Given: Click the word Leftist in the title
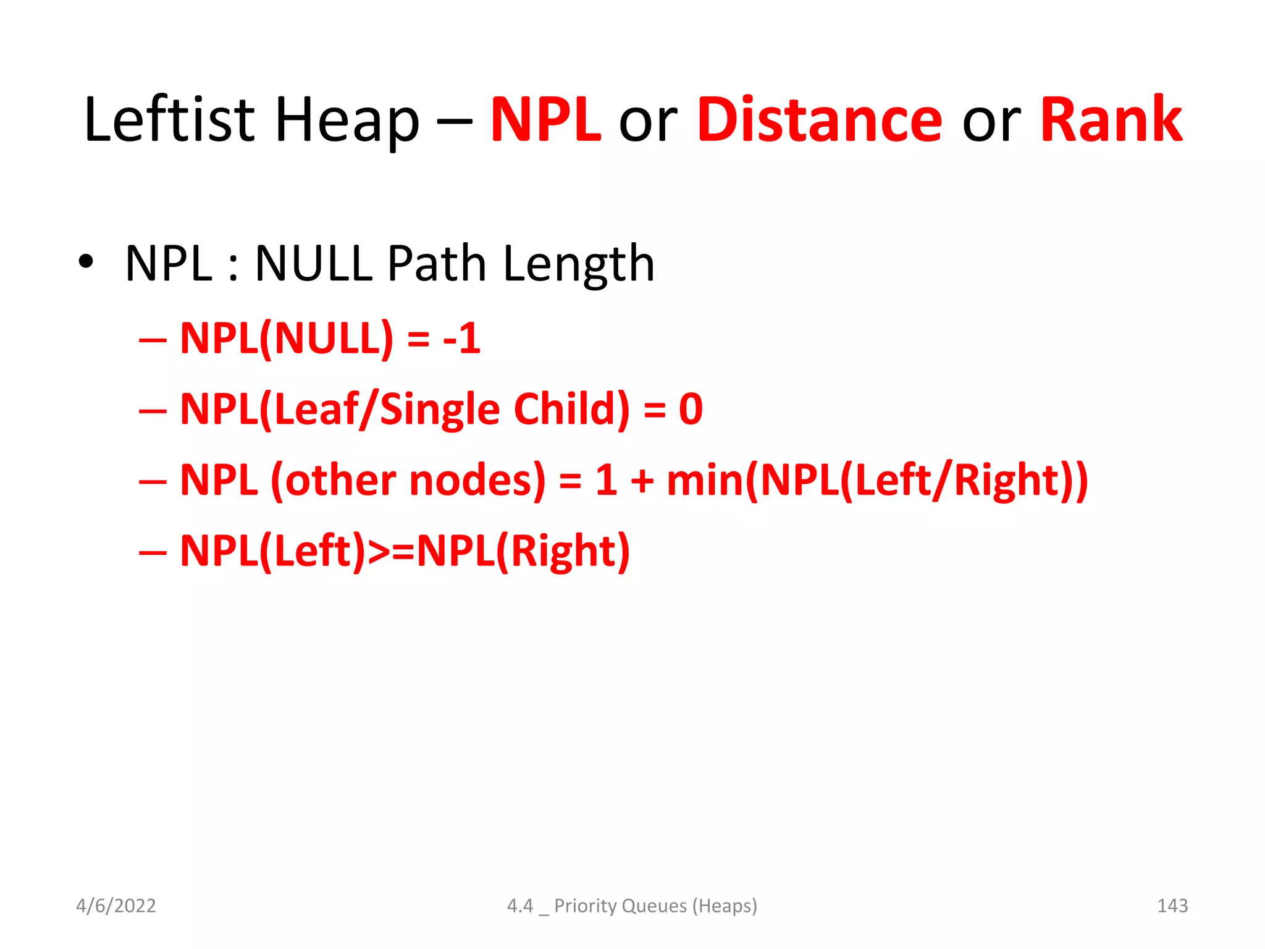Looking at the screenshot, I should pyautogui.click(x=169, y=120).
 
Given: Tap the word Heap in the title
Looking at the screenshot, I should pyautogui.click(x=347, y=120).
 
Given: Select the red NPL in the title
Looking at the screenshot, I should pyautogui.click(x=545, y=120).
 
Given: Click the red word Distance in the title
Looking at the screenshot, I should pyautogui.click(x=820, y=120).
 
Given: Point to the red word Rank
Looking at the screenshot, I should pyautogui.click(x=1111, y=120).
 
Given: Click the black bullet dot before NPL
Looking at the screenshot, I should pyautogui.click(x=86, y=262).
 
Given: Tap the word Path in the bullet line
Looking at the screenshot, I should pyautogui.click(x=437, y=264).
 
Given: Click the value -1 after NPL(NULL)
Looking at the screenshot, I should pyautogui.click(x=461, y=339).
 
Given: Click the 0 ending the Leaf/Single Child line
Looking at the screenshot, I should pyautogui.click(x=691, y=409).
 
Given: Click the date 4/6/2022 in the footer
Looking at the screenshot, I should pyautogui.click(x=116, y=906).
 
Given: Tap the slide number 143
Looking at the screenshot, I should pyautogui.click(x=1172, y=906).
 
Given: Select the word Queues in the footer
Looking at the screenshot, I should pyautogui.click(x=654, y=906).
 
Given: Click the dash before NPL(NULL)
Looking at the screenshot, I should pyautogui.click(x=153, y=340).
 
